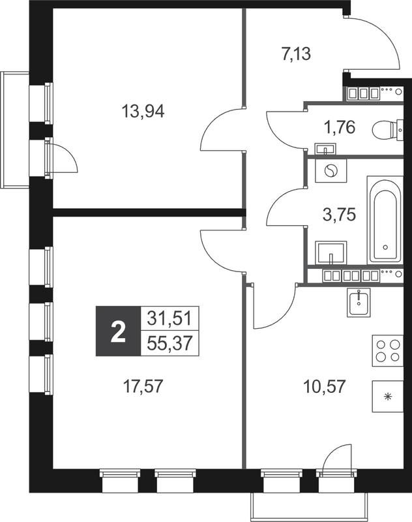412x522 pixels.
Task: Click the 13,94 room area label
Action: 143,111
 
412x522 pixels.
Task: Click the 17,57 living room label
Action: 141,386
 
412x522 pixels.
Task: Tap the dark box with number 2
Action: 118,331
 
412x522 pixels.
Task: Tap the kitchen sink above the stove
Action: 358,302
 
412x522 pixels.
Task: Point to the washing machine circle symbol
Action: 331,172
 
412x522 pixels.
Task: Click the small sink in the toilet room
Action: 323,147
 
